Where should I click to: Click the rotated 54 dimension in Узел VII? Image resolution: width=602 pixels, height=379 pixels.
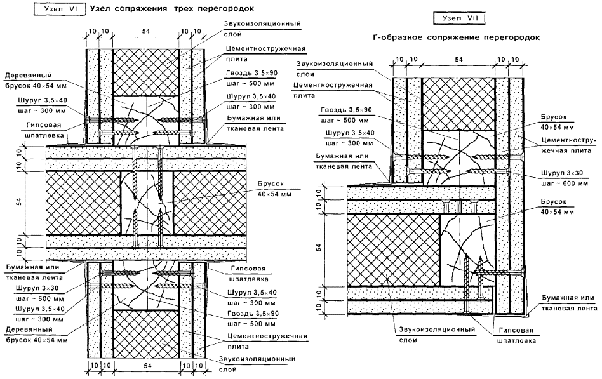pyautogui.click(x=319, y=248)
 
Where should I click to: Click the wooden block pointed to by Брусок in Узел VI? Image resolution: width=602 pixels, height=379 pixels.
pyautogui.click(x=148, y=202)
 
